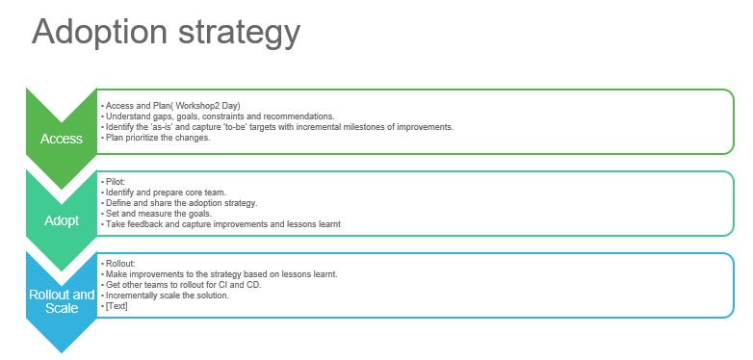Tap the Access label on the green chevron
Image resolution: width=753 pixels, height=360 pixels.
[x=62, y=139]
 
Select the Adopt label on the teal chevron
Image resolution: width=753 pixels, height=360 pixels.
[x=62, y=220]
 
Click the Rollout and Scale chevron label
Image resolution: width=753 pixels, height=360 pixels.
[x=62, y=301]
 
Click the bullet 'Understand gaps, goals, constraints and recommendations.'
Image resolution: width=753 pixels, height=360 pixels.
[x=219, y=116]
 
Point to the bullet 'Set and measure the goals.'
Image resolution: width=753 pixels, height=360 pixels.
[x=153, y=214]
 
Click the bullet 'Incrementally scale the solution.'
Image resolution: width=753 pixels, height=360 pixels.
[x=166, y=296]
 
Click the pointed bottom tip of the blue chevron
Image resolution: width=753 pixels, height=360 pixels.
[x=62, y=350]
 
